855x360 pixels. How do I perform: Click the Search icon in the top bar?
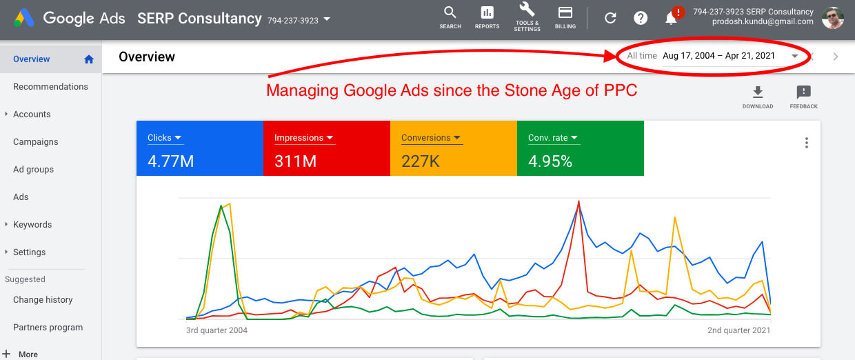tap(450, 13)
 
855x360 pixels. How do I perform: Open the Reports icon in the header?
tap(487, 13)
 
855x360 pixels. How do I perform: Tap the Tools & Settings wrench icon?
tap(527, 11)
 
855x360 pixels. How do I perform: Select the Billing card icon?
tap(565, 13)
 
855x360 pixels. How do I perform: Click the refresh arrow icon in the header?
tap(610, 19)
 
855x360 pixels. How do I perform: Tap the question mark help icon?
tap(641, 19)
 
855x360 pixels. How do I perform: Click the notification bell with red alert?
tap(672, 18)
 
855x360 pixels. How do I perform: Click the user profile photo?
tap(832, 18)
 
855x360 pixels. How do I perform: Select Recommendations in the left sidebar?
tap(50, 87)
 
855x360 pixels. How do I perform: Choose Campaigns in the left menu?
tap(35, 142)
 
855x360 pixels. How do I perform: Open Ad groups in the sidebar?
tap(33, 170)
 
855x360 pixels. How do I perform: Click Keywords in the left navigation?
tap(32, 225)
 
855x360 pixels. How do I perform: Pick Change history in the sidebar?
tap(43, 300)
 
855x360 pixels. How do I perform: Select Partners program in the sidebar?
tap(48, 328)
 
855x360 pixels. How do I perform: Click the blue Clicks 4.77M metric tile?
tap(199, 148)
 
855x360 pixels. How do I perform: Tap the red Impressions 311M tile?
tap(326, 148)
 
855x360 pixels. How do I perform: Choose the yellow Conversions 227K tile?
tap(453, 148)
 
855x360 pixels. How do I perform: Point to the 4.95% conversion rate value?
tap(550, 161)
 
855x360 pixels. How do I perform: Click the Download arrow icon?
tap(757, 92)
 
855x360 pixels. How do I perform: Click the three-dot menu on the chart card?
tap(806, 143)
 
